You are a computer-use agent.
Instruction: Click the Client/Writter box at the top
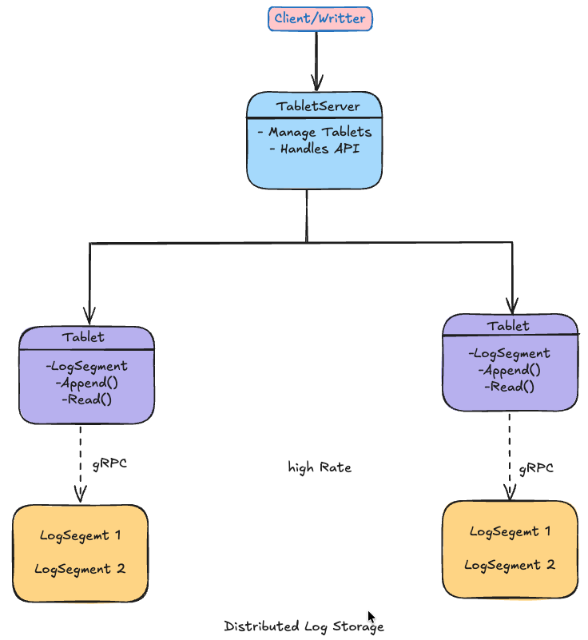tap(320, 18)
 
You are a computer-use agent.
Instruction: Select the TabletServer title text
tap(318, 106)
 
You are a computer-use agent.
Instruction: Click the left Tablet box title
tap(85, 337)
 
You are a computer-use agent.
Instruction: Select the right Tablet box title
tap(509, 325)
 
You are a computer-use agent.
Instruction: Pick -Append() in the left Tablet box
tap(87, 383)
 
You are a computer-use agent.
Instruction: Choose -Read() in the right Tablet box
tap(509, 386)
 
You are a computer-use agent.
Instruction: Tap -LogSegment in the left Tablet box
tap(87, 367)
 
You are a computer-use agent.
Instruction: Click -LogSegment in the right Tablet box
tap(509, 353)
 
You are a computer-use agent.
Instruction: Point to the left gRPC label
tap(110, 463)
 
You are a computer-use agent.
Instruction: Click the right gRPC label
tap(536, 468)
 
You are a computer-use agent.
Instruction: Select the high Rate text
tap(320, 467)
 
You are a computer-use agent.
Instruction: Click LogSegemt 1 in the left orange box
tap(80, 535)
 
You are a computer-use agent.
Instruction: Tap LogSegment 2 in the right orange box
tap(509, 565)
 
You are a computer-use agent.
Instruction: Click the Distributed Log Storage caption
tap(304, 626)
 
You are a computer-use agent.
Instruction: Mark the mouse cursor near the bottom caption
tap(371, 617)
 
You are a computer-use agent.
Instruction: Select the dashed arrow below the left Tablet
tap(80, 463)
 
